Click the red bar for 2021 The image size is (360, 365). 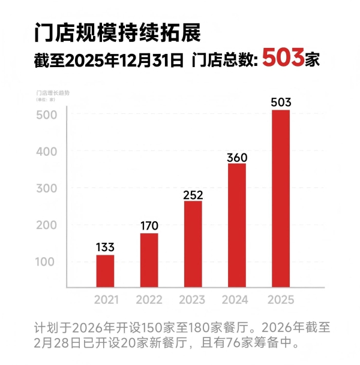click(x=105, y=271)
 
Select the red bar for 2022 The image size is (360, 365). click(x=149, y=260)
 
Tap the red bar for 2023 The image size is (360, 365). click(x=193, y=244)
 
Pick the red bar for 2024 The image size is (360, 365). click(x=237, y=225)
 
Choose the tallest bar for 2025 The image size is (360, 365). click(x=281, y=198)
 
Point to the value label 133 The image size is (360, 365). click(x=105, y=247)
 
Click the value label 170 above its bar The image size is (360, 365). click(x=149, y=225)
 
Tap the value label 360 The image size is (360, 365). click(x=237, y=157)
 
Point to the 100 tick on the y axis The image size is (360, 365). click(x=49, y=262)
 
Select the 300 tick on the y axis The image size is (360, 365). click(x=49, y=188)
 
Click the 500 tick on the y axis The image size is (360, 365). click(x=49, y=114)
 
